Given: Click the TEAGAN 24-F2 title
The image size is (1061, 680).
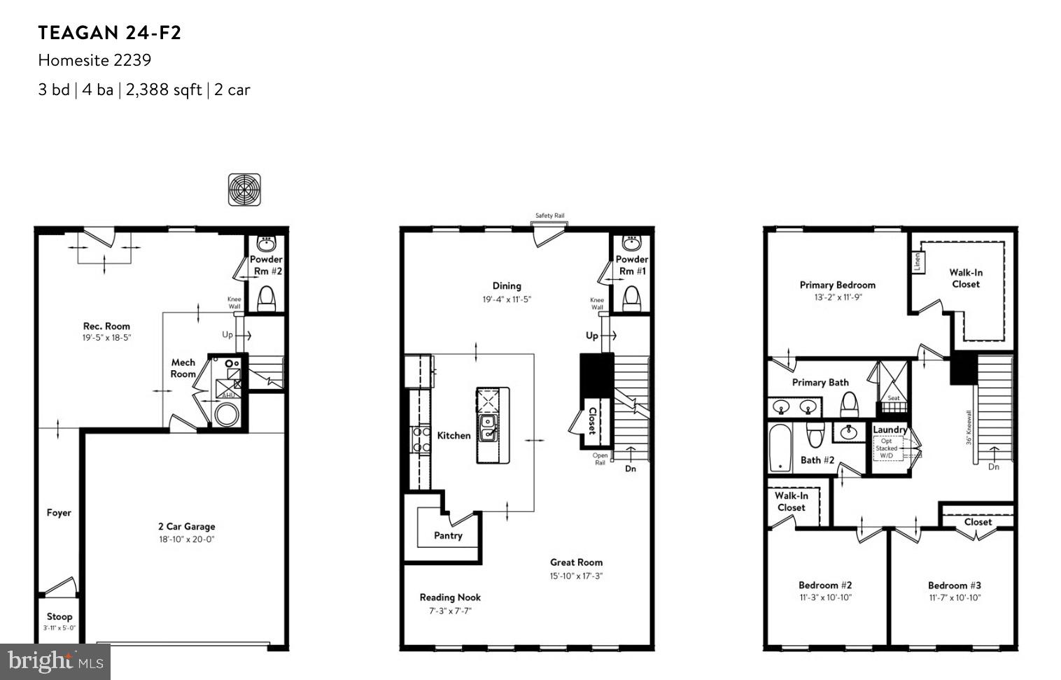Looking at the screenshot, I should (109, 33).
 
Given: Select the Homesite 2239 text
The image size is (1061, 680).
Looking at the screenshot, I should (94, 60).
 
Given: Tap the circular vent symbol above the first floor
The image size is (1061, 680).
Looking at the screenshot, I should (244, 190).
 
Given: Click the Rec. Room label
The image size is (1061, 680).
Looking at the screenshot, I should (106, 326).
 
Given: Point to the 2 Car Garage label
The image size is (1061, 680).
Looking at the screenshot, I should (186, 527).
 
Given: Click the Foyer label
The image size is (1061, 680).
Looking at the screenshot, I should (59, 513).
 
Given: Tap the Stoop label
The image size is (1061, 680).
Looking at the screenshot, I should (59, 616).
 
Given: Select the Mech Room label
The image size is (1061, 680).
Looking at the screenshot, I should (183, 368).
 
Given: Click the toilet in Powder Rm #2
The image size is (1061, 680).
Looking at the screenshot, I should (267, 299).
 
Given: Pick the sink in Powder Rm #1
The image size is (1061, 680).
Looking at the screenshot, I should (632, 243).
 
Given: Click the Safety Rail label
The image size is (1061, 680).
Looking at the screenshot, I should (549, 215).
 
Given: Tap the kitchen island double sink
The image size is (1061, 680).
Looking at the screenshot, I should (488, 428).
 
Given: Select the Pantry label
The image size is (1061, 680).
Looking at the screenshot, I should (448, 535).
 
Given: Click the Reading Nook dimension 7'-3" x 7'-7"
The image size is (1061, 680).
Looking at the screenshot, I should (450, 611).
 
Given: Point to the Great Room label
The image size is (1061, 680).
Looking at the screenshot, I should (576, 562).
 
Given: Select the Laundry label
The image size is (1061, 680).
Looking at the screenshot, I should (890, 430).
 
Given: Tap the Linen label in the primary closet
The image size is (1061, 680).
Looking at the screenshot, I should (917, 262).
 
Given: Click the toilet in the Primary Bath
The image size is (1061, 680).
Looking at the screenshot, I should (849, 403).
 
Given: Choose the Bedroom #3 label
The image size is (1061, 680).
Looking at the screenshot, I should (954, 586).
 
